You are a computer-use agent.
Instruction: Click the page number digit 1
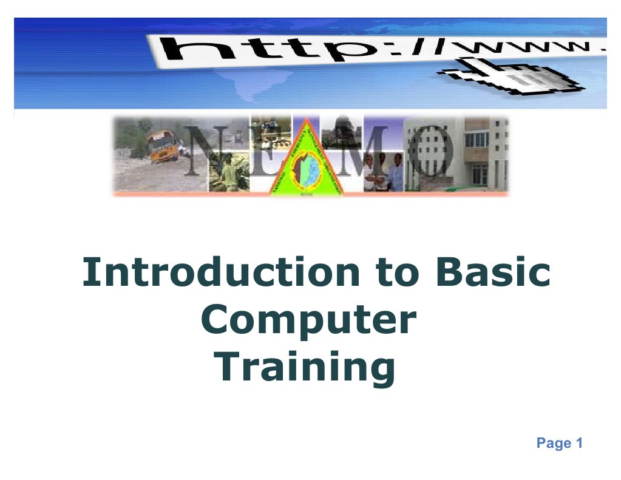579,444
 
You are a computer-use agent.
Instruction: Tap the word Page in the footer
554,444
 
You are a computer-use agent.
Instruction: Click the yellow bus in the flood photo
163,146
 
